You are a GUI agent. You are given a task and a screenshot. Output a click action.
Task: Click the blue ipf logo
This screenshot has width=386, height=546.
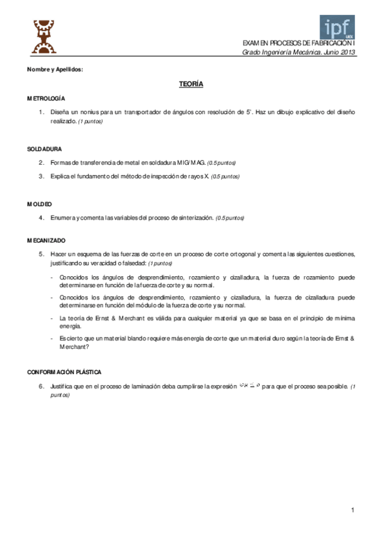pos(337,27)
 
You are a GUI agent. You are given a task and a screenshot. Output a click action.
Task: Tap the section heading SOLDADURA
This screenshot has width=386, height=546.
pos(44,149)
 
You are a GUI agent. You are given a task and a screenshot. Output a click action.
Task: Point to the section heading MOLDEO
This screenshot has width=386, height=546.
pos(39,203)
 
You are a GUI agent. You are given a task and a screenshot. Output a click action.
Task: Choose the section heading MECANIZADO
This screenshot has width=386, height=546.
pos(46,240)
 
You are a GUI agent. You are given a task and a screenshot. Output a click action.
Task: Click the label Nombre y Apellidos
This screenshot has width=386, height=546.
pos(55,69)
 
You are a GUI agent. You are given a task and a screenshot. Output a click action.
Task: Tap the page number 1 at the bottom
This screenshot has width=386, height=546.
pos(353,511)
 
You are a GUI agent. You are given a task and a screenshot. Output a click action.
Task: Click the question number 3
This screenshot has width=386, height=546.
pos(41,176)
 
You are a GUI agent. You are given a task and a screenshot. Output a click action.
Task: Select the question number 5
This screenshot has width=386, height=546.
pos(41,254)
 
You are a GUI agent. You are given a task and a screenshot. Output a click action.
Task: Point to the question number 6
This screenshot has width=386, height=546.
pos(41,386)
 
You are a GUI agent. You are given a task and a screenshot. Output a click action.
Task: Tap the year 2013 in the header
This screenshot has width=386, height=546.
pos(347,52)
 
